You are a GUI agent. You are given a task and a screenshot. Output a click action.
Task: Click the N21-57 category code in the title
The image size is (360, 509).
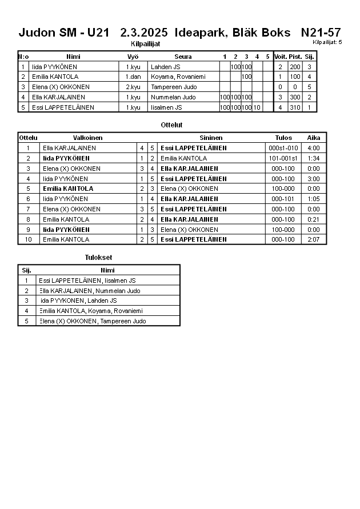point(321,33)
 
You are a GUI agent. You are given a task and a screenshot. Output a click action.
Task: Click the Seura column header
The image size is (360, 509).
point(183,57)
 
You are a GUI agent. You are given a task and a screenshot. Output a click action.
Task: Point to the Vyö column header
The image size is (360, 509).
point(133,57)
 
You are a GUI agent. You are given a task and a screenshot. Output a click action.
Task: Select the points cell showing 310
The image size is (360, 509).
point(295,107)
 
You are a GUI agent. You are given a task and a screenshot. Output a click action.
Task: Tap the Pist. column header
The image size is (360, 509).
point(295,57)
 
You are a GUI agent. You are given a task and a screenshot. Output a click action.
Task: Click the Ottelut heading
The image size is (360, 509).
point(172,125)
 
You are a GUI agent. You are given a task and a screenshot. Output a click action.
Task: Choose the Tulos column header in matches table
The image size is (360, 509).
point(283,138)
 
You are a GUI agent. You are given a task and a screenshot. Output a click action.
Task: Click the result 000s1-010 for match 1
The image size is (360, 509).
point(283,148)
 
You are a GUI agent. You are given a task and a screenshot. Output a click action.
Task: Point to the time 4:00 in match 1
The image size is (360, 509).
point(314,148)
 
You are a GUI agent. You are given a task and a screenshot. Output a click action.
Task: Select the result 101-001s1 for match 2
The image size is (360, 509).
point(283,158)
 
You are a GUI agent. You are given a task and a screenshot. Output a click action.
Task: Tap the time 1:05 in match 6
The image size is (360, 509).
point(314,199)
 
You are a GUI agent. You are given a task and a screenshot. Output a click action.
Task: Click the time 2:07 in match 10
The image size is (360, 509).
point(314,239)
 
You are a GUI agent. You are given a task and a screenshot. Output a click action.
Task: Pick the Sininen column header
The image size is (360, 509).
point(211,138)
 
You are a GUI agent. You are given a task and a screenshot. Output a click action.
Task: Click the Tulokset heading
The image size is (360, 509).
point(98,258)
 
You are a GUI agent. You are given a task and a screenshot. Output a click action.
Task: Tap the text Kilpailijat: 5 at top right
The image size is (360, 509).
point(327,42)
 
